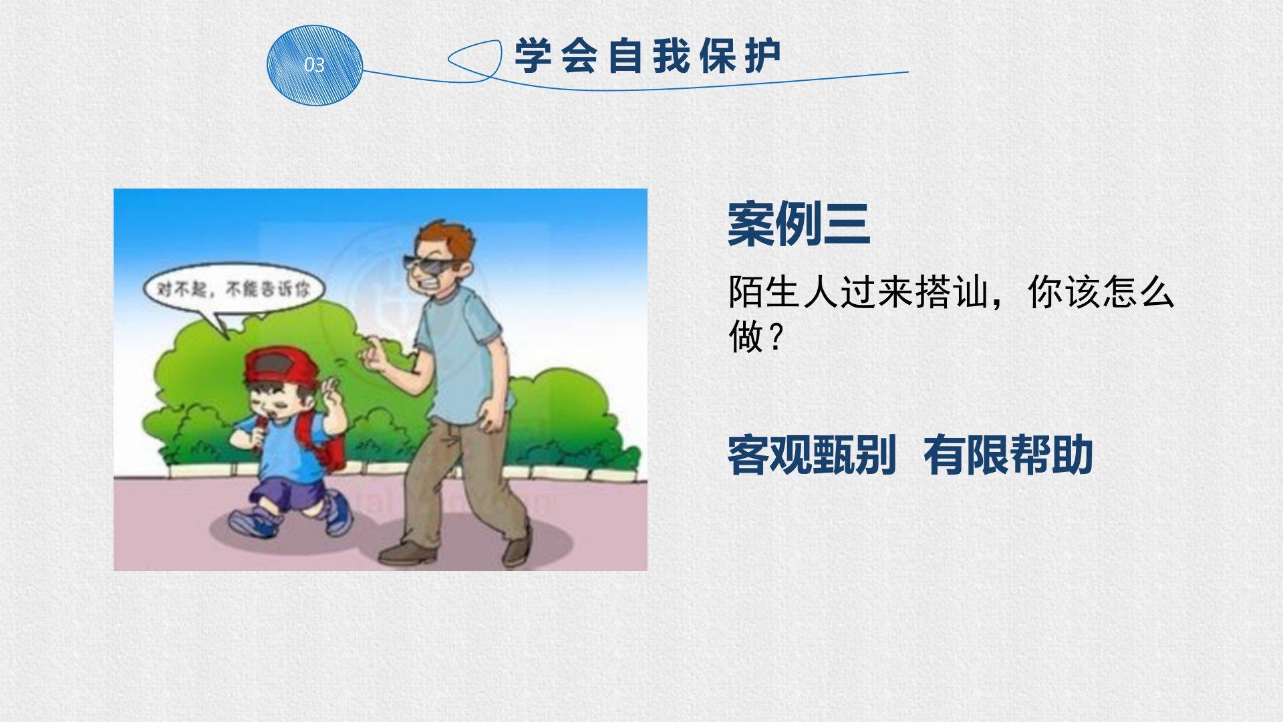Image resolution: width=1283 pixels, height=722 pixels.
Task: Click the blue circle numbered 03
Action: coord(314,65)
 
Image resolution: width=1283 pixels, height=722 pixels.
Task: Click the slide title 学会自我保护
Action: coord(648,56)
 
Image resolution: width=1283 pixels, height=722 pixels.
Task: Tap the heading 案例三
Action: coord(799,224)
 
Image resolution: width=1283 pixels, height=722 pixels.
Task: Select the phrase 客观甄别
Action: coord(811,455)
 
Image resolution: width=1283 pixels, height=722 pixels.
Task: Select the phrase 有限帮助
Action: coord(1008,455)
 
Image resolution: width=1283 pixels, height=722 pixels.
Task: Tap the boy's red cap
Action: coord(281,366)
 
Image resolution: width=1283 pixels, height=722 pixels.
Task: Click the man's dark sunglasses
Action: coord(428,266)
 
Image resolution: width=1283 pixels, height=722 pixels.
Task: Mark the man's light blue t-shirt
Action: coord(461,354)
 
